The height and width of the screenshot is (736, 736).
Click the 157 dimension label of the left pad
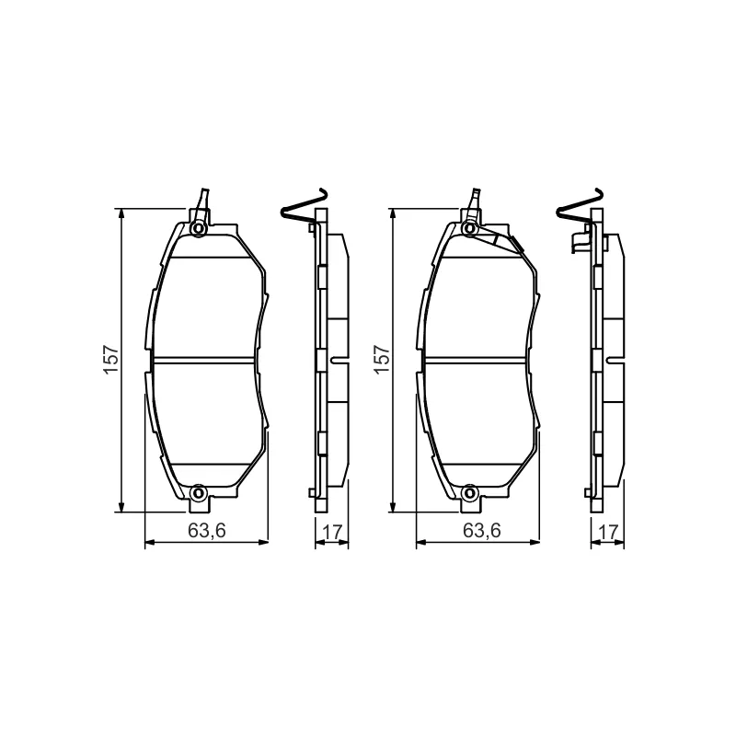(x=110, y=360)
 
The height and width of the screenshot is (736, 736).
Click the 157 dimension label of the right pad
(x=382, y=360)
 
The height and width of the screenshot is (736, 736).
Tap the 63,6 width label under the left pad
(x=207, y=531)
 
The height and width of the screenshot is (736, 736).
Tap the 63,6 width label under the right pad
(x=482, y=531)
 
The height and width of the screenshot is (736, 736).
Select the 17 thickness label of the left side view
(x=332, y=533)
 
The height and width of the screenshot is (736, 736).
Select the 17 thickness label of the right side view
(x=608, y=533)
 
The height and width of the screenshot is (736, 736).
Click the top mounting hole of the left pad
(x=199, y=228)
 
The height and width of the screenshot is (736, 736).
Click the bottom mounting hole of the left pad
(x=199, y=493)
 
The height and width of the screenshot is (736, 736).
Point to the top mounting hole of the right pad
(x=469, y=228)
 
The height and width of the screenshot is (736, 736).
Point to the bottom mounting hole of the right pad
(x=469, y=493)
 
